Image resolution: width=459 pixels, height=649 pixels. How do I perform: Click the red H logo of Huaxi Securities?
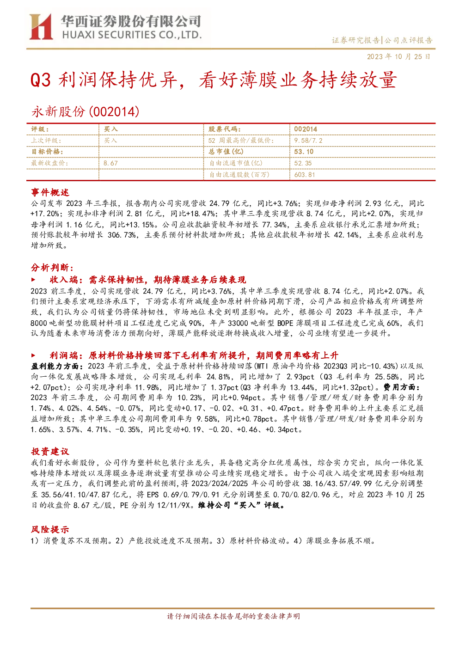tap(41, 26)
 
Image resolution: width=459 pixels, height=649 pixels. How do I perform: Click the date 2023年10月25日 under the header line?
tap(398, 56)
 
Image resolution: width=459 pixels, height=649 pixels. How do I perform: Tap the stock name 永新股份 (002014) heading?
tap(85, 111)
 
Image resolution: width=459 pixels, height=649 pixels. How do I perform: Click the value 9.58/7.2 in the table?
tap(308, 141)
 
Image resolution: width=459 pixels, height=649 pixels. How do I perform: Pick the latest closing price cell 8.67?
tap(110, 163)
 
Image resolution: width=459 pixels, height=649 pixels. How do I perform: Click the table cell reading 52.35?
tap(303, 163)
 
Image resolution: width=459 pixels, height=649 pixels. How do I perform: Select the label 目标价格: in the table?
tap(47, 152)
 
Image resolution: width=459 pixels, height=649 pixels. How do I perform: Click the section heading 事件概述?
tap(50, 192)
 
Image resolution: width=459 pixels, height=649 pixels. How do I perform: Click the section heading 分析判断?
tap(52, 268)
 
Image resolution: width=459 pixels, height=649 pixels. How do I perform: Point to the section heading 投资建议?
tap(50, 451)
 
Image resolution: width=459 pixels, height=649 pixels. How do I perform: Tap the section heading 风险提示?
tap(50, 529)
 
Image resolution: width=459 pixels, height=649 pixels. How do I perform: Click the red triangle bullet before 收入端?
tap(33, 280)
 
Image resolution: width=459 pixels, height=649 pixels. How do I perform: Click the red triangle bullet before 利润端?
tap(33, 355)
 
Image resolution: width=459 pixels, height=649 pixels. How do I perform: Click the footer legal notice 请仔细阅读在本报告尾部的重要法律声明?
tap(233, 616)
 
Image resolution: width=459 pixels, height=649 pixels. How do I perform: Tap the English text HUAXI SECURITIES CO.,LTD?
tap(132, 35)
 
